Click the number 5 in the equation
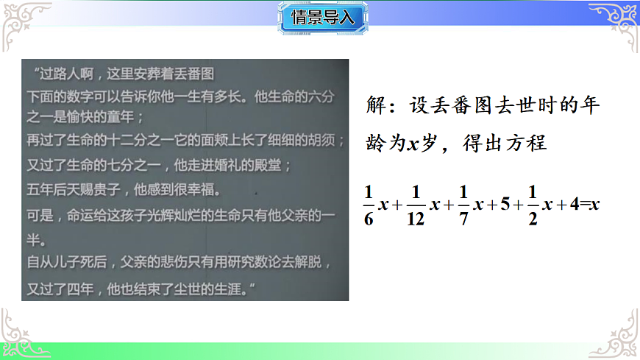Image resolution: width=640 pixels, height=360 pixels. click(x=505, y=205)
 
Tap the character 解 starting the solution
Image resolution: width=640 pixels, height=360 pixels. click(x=375, y=105)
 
